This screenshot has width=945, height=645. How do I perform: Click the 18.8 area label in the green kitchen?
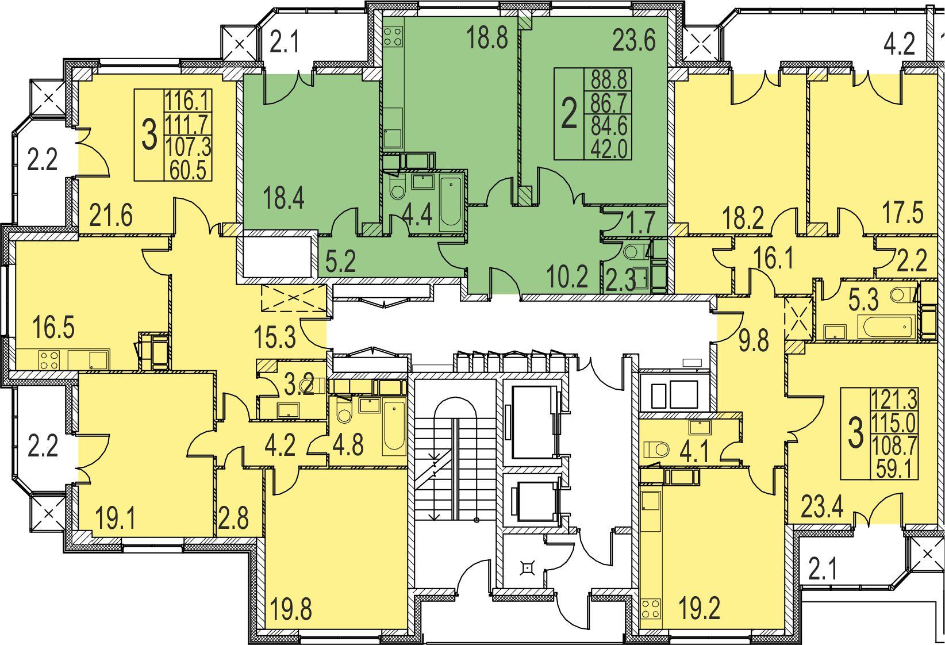point(487,38)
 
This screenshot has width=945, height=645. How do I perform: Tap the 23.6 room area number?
point(634,41)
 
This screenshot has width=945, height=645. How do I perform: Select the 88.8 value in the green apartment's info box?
point(608,79)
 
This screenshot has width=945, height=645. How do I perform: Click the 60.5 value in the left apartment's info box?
point(188,170)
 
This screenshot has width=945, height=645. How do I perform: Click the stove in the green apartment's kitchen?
point(393,36)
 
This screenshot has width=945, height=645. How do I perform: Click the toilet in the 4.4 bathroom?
point(397,188)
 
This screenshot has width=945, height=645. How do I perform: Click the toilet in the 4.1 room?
point(656,449)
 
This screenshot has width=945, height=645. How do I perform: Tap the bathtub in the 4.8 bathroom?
point(394,427)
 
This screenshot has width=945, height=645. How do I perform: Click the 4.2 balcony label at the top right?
point(900,44)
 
